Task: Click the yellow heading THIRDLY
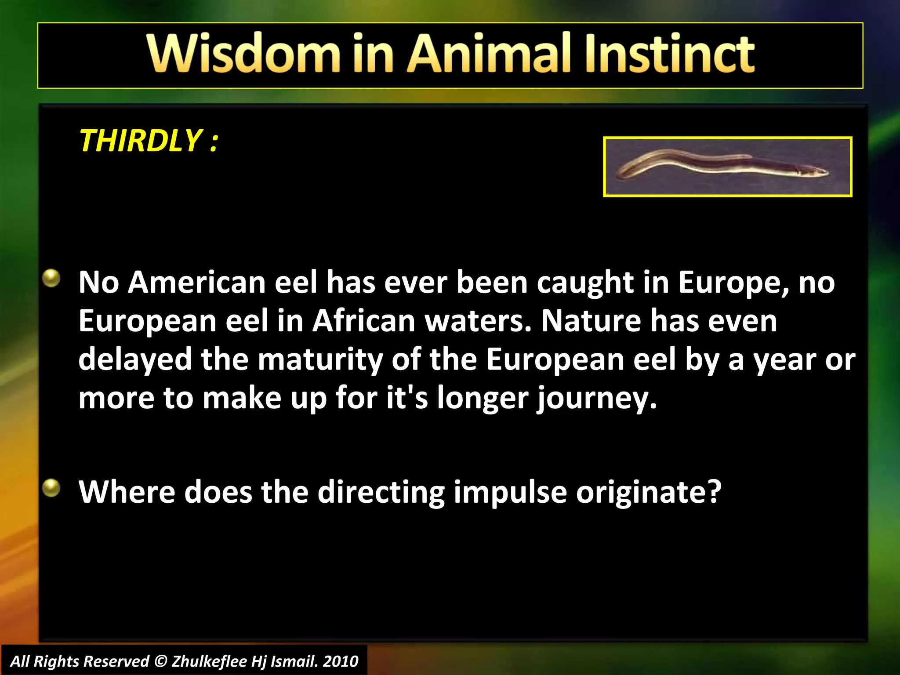point(141,141)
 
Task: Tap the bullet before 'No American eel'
point(52,278)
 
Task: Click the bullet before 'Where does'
point(52,487)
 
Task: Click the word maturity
point(320,359)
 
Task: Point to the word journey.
point(596,398)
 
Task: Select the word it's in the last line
point(407,397)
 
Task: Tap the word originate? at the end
point(649,492)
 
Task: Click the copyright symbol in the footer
point(161,661)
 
